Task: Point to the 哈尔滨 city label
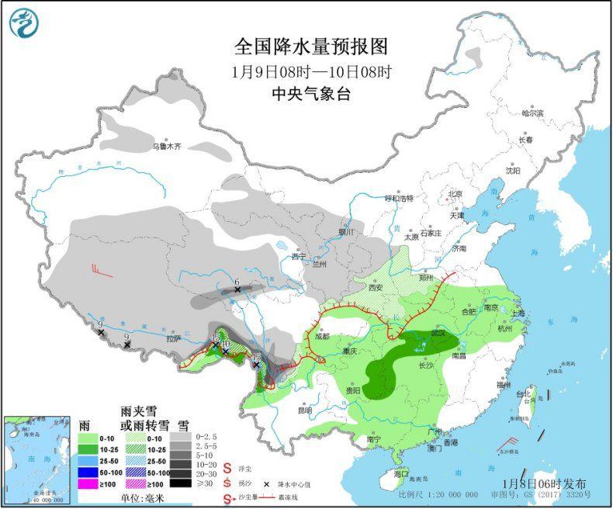[x=533, y=113]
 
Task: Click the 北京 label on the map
[x=454, y=194]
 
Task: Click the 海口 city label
[x=401, y=473]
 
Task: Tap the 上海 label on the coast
[x=518, y=313]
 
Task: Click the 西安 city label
[x=376, y=287]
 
